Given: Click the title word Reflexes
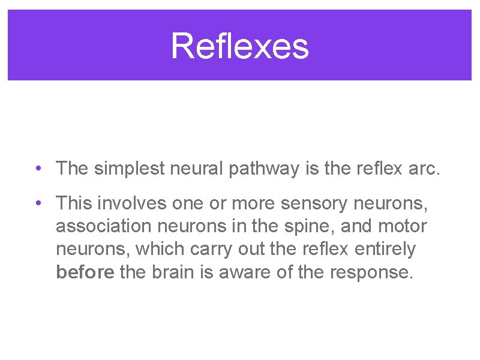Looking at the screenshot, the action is pos(239,46).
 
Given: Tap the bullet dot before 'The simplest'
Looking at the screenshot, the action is pos(37,169).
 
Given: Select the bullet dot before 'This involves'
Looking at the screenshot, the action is pos(37,204).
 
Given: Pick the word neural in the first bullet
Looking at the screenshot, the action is pos(196,169).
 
